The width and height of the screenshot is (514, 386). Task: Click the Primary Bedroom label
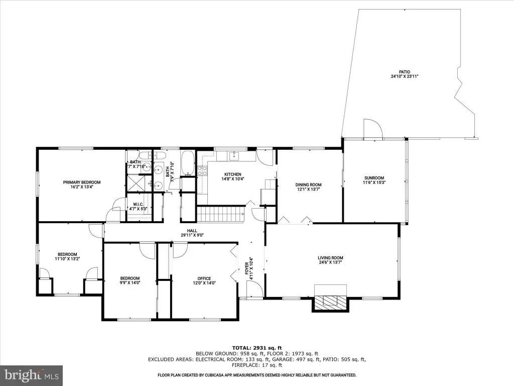click(82, 182)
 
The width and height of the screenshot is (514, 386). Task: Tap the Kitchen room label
click(233, 174)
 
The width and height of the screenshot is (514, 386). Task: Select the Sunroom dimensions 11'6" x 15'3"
click(374, 182)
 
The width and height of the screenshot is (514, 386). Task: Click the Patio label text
click(405, 72)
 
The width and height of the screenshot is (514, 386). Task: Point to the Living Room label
click(330, 258)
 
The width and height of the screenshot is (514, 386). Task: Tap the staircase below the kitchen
click(221, 214)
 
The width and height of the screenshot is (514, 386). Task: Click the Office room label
click(204, 278)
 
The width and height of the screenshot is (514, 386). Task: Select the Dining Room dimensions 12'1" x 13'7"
click(309, 189)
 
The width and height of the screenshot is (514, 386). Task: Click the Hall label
click(192, 231)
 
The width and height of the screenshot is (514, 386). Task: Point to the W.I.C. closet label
click(138, 205)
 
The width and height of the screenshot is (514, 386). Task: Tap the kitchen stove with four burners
click(202, 171)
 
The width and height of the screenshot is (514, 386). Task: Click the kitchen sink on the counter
click(234, 156)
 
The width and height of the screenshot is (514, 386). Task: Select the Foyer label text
click(247, 268)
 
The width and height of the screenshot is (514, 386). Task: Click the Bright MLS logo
click(32, 375)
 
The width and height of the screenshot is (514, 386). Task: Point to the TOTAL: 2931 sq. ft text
click(257, 348)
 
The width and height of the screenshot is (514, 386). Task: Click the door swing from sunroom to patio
click(373, 129)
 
